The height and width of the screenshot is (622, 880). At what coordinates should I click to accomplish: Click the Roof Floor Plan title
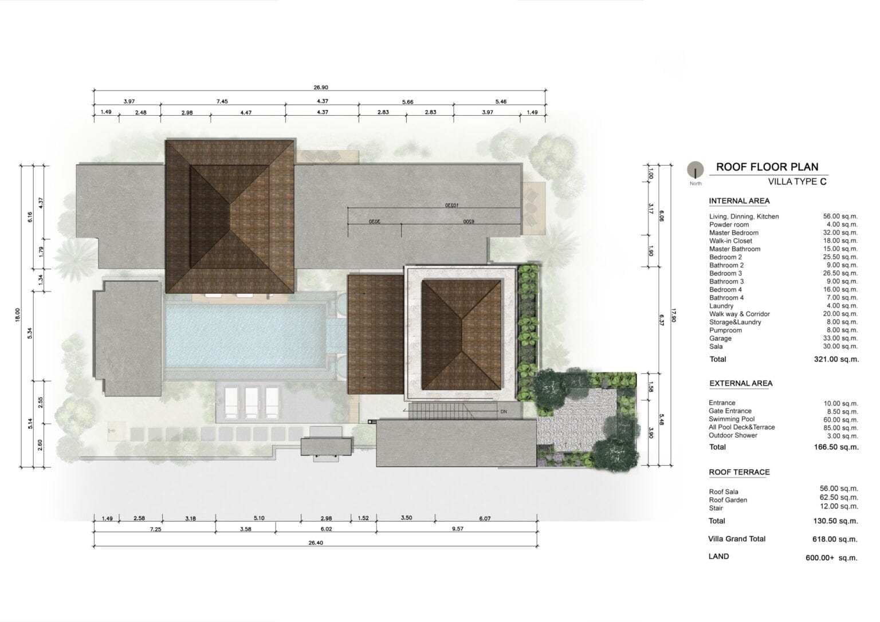(x=767, y=167)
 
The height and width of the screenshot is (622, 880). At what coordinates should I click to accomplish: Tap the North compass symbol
(x=696, y=170)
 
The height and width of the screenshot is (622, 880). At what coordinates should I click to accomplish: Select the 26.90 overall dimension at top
(x=321, y=87)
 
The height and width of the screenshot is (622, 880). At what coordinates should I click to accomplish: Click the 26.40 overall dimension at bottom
(x=316, y=543)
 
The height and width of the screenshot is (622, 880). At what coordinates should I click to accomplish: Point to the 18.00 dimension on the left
(x=17, y=315)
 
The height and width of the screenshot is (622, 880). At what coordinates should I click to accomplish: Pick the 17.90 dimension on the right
(x=674, y=316)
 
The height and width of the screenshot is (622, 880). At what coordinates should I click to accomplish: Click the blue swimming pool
(x=246, y=336)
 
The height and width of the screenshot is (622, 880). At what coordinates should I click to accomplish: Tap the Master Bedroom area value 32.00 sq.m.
(x=840, y=233)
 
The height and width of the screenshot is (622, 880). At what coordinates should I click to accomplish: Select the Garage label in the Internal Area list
(x=720, y=338)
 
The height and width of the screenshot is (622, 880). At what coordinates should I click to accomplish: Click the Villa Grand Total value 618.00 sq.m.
(x=835, y=539)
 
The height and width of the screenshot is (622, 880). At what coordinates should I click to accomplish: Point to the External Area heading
(x=741, y=383)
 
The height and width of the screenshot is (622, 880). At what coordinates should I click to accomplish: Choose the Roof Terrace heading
(x=740, y=472)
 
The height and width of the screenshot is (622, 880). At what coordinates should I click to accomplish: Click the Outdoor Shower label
(x=733, y=435)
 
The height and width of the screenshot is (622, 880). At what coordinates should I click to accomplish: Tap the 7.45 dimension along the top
(x=222, y=101)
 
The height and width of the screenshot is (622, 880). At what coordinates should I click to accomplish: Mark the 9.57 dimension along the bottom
(x=458, y=529)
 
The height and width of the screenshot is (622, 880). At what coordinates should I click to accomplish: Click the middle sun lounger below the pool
(x=252, y=403)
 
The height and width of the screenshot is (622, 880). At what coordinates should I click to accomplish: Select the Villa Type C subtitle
(x=797, y=182)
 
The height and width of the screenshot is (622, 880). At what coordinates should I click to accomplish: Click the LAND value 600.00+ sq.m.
(x=831, y=558)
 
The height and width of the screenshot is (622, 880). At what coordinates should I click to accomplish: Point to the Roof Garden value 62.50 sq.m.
(x=839, y=498)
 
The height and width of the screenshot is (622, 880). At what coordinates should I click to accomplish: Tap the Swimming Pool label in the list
(x=732, y=419)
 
